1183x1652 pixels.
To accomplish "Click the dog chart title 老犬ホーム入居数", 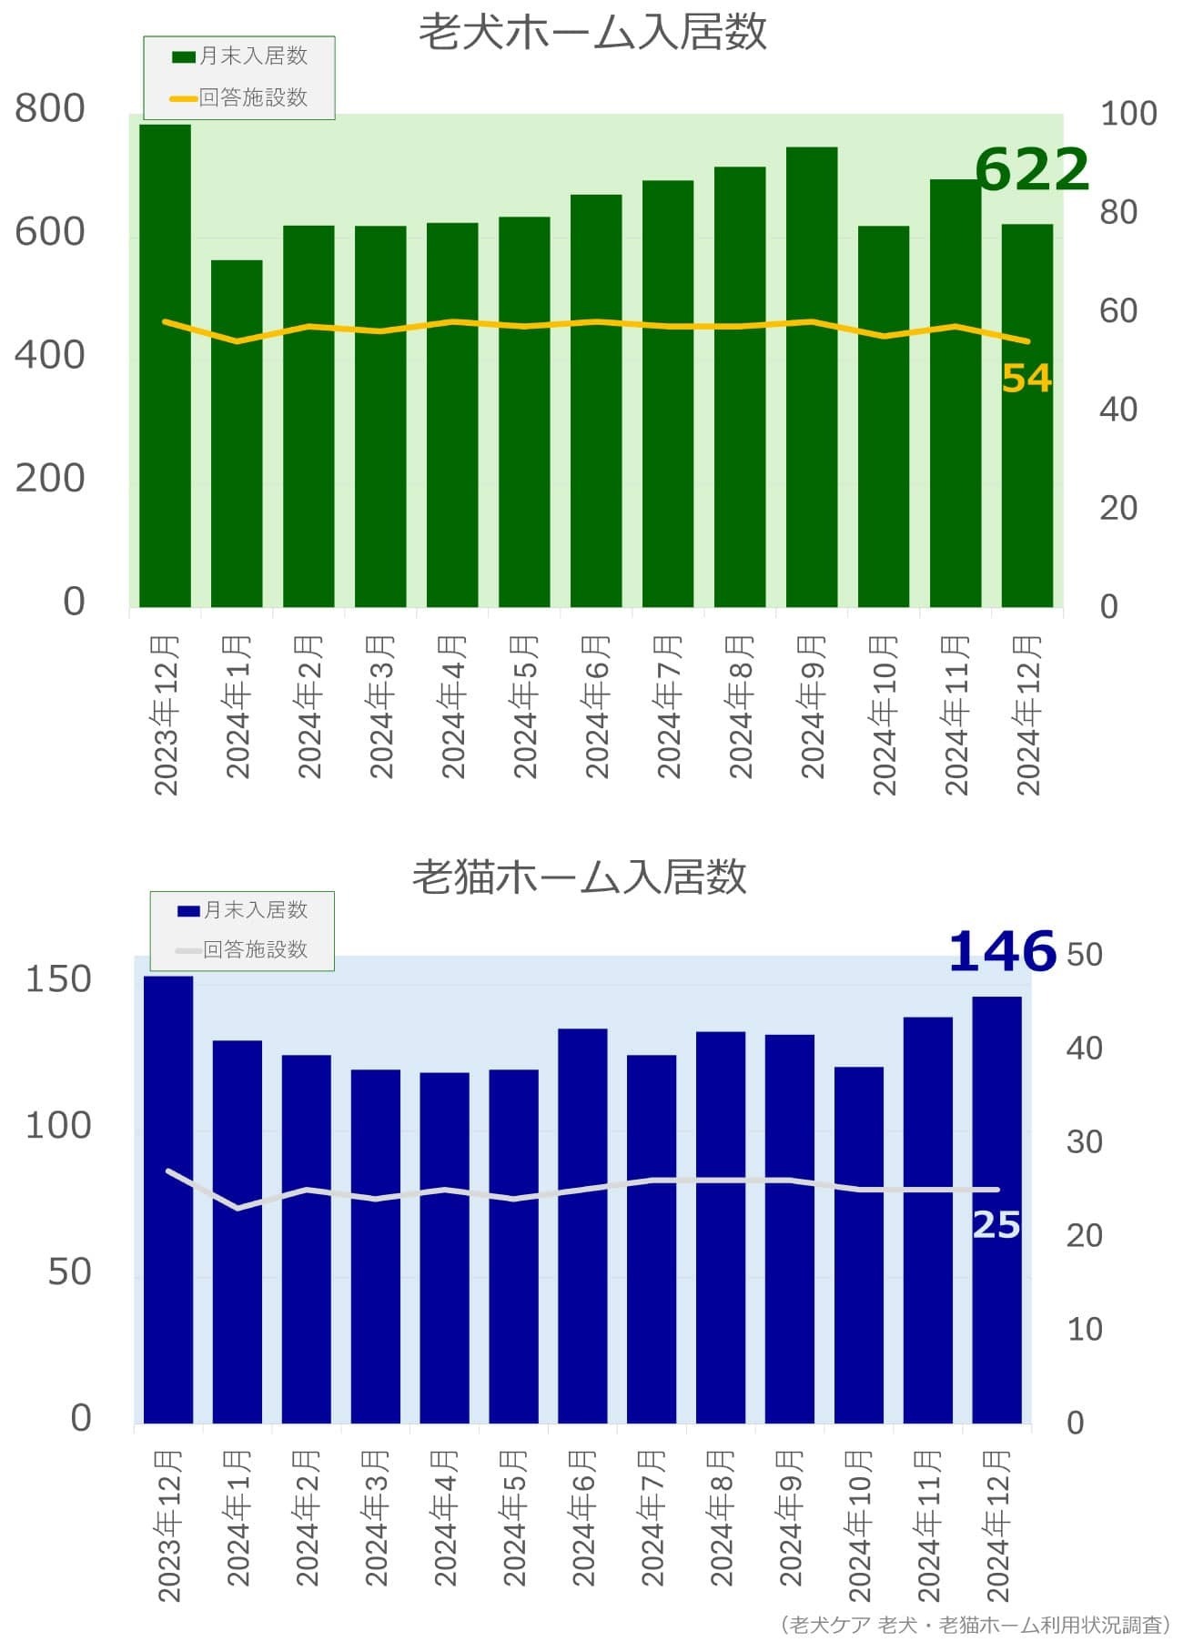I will click(592, 32).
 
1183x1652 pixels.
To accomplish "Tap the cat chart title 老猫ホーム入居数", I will click(580, 877).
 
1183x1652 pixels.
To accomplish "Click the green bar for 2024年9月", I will click(812, 378).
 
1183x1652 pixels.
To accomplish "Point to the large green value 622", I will click(1031, 169).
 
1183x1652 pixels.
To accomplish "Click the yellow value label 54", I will click(1026, 379).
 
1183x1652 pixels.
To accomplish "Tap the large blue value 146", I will click(1002, 952).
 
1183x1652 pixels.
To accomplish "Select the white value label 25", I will click(996, 1225).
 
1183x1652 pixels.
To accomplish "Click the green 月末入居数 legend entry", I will click(240, 56).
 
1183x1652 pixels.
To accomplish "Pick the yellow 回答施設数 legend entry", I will click(240, 97).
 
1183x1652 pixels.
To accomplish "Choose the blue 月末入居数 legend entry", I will click(243, 910).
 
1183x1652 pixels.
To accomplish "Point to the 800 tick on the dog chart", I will click(50, 108).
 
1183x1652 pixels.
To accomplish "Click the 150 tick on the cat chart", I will click(58, 979).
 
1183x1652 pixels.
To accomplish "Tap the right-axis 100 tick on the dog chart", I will click(1128, 114).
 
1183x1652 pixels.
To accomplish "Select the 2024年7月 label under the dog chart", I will click(669, 706).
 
